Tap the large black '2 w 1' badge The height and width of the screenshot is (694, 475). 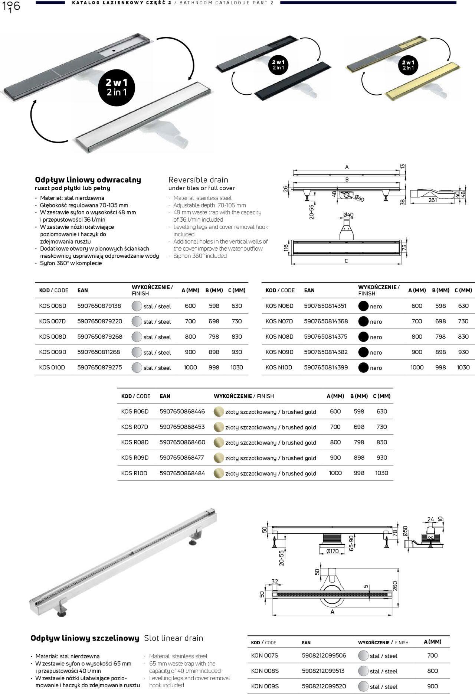pyautogui.click(x=117, y=87)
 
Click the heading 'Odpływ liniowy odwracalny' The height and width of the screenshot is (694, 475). pyautogui.click(x=88, y=180)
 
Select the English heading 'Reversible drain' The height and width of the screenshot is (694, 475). pyautogui.click(x=198, y=180)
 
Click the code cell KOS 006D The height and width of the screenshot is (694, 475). pyautogui.click(x=53, y=306)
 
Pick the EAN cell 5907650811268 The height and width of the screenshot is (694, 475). pyautogui.click(x=99, y=352)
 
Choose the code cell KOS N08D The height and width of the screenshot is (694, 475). pyautogui.click(x=279, y=337)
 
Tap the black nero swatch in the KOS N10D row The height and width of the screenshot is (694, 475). pyautogui.click(x=364, y=368)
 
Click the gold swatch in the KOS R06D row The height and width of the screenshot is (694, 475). pyautogui.click(x=219, y=411)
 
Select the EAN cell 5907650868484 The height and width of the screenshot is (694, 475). pyautogui.click(x=182, y=473)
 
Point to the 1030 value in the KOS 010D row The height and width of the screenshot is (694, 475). pyautogui.click(x=236, y=368)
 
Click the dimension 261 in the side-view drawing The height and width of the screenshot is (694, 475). pyautogui.click(x=433, y=200)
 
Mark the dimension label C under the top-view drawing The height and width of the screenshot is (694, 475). pyautogui.click(x=346, y=261)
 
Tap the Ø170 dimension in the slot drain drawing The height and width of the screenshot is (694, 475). pyautogui.click(x=332, y=551)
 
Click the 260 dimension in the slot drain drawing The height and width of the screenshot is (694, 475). pyautogui.click(x=395, y=586)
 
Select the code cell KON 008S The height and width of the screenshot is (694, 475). pyautogui.click(x=265, y=671)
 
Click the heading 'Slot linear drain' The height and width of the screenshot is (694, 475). pyautogui.click(x=174, y=638)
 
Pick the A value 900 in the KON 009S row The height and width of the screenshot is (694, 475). pyautogui.click(x=432, y=686)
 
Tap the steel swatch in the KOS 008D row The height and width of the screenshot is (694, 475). pyautogui.click(x=137, y=337)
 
